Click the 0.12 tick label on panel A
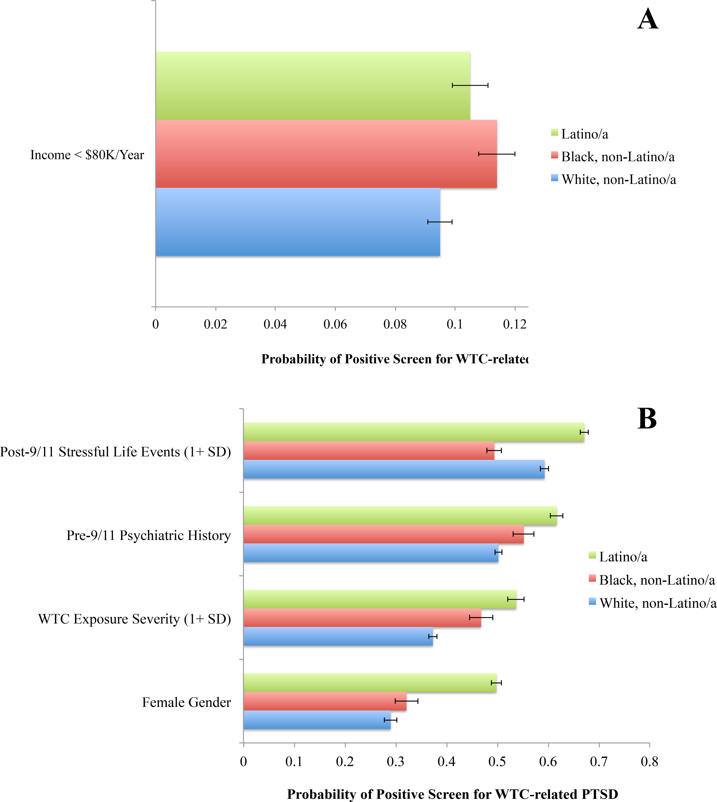point(514,324)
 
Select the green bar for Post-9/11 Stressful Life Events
point(414,432)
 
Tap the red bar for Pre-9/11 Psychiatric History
point(383,534)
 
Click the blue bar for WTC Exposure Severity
point(338,636)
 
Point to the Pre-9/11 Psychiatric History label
point(149,535)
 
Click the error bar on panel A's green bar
point(470,85)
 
